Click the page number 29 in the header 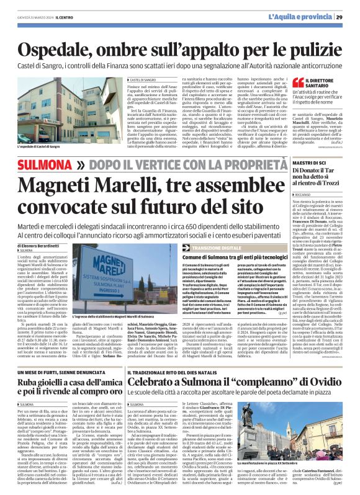(x=348, y=17)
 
